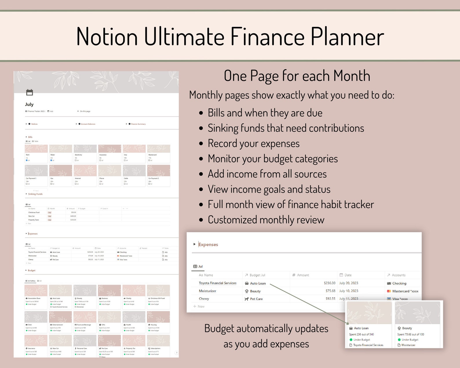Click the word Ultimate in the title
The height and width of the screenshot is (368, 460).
click(184, 37)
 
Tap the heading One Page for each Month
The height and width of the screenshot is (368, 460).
click(297, 76)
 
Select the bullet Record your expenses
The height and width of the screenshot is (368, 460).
click(253, 143)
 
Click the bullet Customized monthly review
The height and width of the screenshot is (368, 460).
click(266, 220)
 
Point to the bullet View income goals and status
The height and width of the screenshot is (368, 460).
click(269, 189)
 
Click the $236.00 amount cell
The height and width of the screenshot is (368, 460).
click(329, 283)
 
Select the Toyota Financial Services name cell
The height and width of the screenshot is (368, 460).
click(218, 283)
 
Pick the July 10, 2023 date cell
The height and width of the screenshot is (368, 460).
click(349, 291)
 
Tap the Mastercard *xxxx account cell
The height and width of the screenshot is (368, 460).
click(405, 291)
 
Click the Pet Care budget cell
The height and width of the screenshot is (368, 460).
click(256, 299)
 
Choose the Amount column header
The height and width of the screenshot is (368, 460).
click(303, 275)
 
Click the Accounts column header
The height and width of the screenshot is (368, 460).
click(398, 275)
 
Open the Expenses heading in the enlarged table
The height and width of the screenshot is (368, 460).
click(208, 245)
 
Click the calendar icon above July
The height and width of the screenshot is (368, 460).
click(30, 92)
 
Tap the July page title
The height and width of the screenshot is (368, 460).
click(29, 104)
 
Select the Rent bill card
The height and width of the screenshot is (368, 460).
click(36, 154)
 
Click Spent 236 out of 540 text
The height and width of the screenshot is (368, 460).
click(361, 334)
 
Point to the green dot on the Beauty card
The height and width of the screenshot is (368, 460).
click(399, 340)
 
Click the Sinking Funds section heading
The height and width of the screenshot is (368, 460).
click(35, 194)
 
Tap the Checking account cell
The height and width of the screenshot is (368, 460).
click(399, 283)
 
